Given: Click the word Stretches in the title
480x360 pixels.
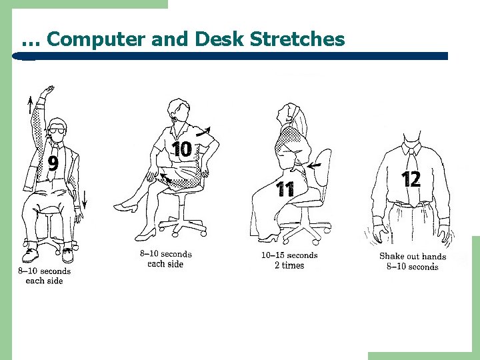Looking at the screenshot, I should coord(297,39).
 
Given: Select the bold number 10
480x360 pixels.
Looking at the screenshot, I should coord(182,149).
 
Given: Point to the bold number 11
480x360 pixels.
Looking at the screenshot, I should coord(285,190).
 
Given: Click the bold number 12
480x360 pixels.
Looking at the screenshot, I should coord(411,179).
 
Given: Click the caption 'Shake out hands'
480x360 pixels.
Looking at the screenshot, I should coord(412,256).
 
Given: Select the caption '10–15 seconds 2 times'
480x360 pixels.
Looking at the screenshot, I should coord(289,260).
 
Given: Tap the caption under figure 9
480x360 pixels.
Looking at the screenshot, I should coord(44,276).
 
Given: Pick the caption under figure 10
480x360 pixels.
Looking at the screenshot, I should coord(166,259).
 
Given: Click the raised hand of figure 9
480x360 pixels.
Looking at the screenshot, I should coord(47,92).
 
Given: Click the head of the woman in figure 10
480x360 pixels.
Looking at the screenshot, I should coord(179,109).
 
